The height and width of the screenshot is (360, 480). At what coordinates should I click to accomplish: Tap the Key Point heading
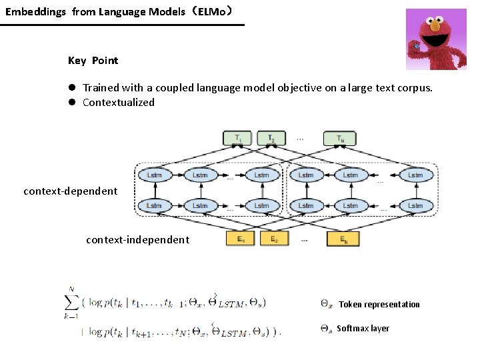click(x=93, y=61)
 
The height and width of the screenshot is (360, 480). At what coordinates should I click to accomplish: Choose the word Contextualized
click(x=118, y=103)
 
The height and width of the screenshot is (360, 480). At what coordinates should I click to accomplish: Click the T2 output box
click(x=271, y=139)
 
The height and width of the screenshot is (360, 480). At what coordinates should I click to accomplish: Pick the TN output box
click(x=340, y=139)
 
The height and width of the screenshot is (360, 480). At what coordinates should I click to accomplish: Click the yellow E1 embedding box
click(x=241, y=239)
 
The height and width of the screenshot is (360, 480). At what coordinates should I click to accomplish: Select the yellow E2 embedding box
click(x=273, y=239)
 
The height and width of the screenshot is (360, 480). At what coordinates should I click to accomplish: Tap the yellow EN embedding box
click(x=343, y=239)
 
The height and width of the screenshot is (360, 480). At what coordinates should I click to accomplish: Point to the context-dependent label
click(x=70, y=191)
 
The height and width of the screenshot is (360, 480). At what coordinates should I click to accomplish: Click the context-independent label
click(x=137, y=240)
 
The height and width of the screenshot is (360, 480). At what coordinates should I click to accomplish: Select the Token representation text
click(x=379, y=305)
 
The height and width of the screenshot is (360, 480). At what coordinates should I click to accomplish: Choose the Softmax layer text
click(x=363, y=329)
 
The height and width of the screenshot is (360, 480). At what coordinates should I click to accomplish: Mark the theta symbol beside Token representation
click(x=326, y=305)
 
